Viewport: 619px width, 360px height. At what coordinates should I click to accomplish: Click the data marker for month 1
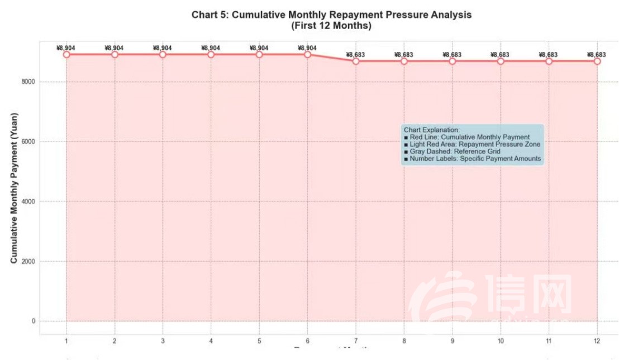click(x=66, y=54)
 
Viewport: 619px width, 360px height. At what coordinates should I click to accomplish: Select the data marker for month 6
click(x=307, y=54)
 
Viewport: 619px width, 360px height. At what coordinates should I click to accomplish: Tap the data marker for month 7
click(x=356, y=60)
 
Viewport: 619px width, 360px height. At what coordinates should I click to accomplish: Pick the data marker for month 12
click(x=597, y=60)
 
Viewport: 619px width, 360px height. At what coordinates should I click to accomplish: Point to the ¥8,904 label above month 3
click(x=163, y=48)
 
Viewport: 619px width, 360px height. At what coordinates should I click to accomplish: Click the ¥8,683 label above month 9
click(x=452, y=54)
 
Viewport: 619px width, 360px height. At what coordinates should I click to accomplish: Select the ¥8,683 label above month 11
click(x=549, y=54)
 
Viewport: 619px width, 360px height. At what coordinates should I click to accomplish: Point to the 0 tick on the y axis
click(x=34, y=321)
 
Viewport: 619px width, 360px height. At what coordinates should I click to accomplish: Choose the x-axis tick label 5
click(x=259, y=341)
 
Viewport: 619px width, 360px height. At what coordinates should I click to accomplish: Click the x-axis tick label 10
click(x=501, y=341)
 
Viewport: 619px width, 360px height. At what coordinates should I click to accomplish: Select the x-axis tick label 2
click(x=115, y=341)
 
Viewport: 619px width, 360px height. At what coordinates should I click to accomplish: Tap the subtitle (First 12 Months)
click(x=331, y=26)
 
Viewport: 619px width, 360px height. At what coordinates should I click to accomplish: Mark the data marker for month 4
click(x=211, y=54)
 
